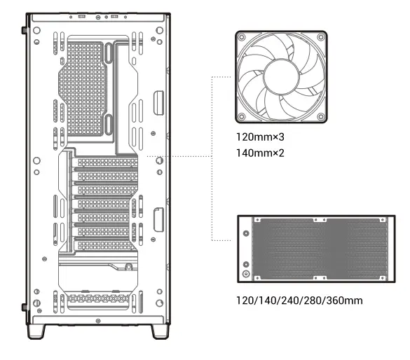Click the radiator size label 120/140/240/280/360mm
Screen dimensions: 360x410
click(x=300, y=300)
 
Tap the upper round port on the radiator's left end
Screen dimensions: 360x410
click(x=246, y=234)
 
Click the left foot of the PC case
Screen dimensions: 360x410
click(x=46, y=330)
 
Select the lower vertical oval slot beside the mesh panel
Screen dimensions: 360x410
click(x=110, y=125)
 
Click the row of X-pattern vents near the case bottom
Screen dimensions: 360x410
click(x=95, y=300)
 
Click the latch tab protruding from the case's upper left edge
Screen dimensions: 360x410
click(x=25, y=31)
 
